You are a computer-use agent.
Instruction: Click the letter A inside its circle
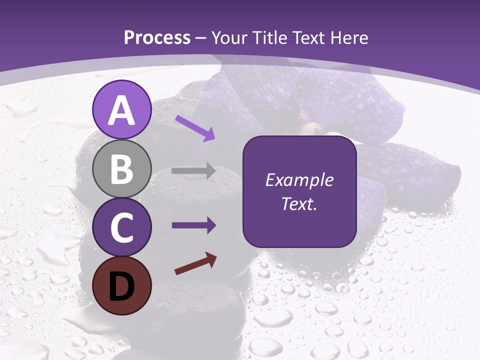(x=121, y=110)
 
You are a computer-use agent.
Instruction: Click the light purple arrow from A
(x=195, y=128)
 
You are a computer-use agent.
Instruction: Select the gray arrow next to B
(x=193, y=171)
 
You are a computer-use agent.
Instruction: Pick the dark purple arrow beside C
(x=193, y=225)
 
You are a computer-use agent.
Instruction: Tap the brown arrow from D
(x=195, y=263)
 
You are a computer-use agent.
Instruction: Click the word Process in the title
(x=157, y=37)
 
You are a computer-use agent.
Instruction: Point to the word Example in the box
(x=299, y=180)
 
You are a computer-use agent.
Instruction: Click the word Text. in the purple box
(x=299, y=204)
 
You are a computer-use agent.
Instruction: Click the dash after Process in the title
(x=201, y=38)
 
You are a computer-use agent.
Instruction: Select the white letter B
(x=121, y=169)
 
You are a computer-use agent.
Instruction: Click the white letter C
(x=121, y=228)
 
